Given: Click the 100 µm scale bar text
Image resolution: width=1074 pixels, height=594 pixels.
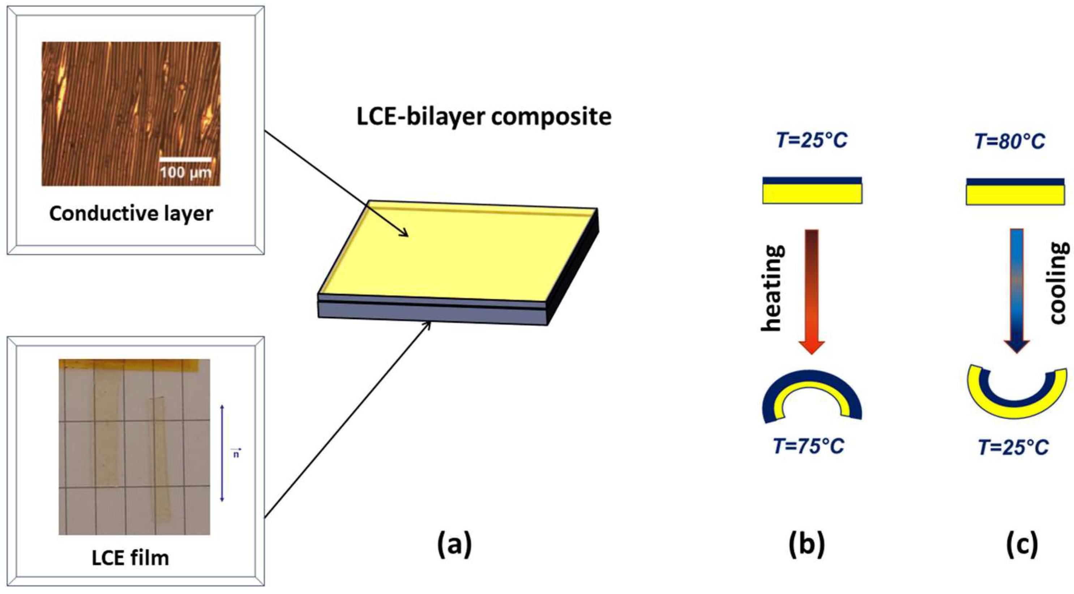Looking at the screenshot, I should [x=185, y=172].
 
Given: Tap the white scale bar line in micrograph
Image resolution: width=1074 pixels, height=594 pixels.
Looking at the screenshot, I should [x=185, y=159].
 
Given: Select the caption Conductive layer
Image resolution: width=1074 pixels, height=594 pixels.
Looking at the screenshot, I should [x=131, y=214].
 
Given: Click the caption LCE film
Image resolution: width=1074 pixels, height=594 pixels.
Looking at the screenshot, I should [x=130, y=558].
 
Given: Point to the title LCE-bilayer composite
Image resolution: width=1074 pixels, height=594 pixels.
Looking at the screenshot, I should [x=484, y=116].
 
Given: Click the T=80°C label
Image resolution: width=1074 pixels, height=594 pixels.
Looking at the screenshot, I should [x=1010, y=141].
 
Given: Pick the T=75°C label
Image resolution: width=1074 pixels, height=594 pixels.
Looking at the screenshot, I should [x=809, y=446].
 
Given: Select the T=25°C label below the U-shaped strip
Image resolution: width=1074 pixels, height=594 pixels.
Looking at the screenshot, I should [x=1014, y=448].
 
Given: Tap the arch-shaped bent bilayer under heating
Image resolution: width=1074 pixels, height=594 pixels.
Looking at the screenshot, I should [x=811, y=382].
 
